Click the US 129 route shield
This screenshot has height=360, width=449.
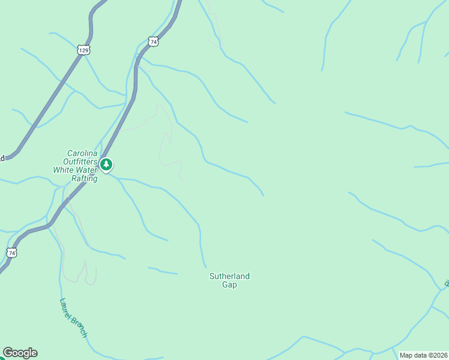(83, 50)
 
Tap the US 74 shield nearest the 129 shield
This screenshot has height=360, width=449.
(154, 41)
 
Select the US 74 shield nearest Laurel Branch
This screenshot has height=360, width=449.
(11, 253)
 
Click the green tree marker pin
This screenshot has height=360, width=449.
(106, 164)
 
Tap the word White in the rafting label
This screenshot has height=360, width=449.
(64, 170)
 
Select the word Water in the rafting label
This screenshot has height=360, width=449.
(86, 170)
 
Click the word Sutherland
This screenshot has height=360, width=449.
(229, 276)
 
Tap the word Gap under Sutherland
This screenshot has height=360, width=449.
(229, 285)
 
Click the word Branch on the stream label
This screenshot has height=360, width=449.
(80, 326)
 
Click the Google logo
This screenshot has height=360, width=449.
(20, 353)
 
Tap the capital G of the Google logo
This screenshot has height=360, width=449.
(8, 353)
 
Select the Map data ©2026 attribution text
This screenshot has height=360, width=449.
(424, 355)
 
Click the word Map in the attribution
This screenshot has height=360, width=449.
(406, 355)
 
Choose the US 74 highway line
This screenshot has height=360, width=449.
(120, 132)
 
